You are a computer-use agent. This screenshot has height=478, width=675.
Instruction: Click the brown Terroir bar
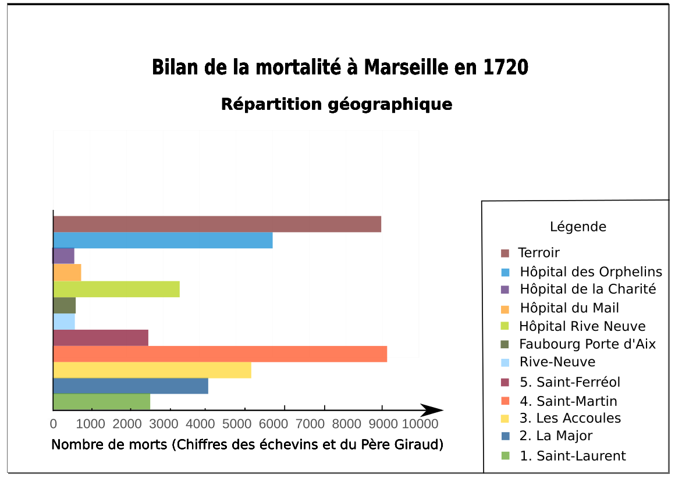tap(217, 224)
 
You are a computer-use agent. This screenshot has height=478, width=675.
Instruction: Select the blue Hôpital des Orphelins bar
tap(163, 240)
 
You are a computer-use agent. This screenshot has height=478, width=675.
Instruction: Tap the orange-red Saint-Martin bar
tap(220, 354)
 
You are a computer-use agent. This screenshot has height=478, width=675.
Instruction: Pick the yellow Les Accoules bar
tap(152, 370)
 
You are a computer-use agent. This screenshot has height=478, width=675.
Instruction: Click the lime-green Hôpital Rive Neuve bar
tap(116, 289)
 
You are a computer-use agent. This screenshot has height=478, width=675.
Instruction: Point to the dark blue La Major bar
tap(130, 386)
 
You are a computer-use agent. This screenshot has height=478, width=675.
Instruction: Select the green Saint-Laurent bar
tap(101, 402)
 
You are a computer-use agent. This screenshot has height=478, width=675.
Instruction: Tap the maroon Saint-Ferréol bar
tap(101, 338)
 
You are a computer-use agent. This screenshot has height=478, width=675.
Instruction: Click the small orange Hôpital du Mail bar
tap(67, 272)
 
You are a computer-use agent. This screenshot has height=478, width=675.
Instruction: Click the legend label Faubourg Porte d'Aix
tap(588, 344)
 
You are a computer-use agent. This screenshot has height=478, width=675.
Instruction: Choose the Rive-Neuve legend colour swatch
tap(505, 363)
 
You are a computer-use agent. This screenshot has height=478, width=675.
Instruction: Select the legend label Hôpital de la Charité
tap(588, 289)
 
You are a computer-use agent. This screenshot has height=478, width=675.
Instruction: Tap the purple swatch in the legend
tap(505, 290)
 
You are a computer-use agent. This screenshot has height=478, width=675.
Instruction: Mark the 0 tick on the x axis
tap(54, 423)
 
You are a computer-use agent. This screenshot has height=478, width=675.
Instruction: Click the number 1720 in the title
tap(506, 67)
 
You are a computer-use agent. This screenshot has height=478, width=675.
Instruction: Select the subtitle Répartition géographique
tap(336, 104)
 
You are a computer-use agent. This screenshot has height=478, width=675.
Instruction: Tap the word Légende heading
tap(578, 227)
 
